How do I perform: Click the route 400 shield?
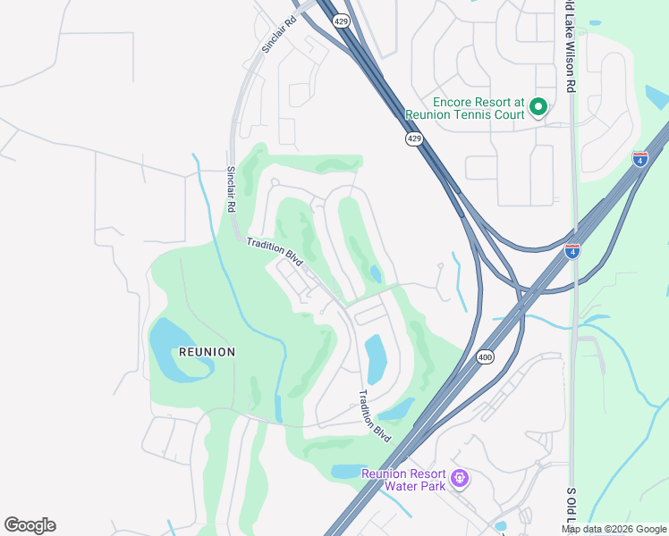tap(485, 356)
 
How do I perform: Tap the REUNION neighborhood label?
tap(207, 352)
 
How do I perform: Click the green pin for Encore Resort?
tap(538, 108)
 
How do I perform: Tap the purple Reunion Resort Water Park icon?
tap(460, 480)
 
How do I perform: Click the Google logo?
tap(30, 525)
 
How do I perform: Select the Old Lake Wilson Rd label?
tap(570, 46)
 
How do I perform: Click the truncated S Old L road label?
tap(571, 509)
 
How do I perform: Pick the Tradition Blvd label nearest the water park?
tap(376, 413)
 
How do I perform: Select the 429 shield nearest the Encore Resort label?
tap(413, 139)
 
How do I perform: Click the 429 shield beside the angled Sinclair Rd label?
tap(341, 21)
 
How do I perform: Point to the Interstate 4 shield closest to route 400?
tap(572, 251)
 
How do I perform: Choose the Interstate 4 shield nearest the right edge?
tap(639, 159)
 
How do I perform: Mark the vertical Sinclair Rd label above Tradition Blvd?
tap(231, 188)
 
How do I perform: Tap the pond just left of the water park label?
tap(347, 471)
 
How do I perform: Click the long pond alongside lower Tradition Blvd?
tap(375, 357)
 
